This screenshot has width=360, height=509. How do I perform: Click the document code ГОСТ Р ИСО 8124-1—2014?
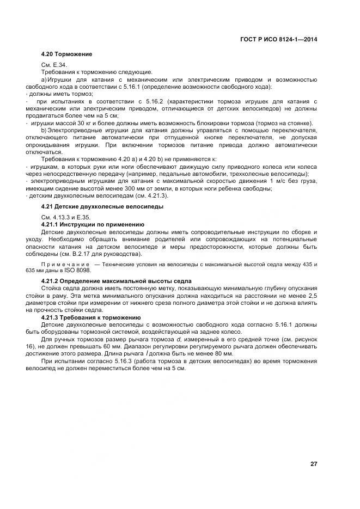pos(278,39)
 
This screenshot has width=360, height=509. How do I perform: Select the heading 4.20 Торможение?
pos(66,54)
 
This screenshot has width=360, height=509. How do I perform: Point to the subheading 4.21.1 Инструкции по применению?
pos(93,224)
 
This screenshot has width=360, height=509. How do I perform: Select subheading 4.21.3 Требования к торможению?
pos(91,317)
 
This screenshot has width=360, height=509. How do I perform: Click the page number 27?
pos(314,464)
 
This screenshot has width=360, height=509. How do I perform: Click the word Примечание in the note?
pos(66,264)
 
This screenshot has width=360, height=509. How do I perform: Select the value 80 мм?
pos(223,352)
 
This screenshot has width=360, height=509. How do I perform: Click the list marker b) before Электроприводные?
pos(44,130)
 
